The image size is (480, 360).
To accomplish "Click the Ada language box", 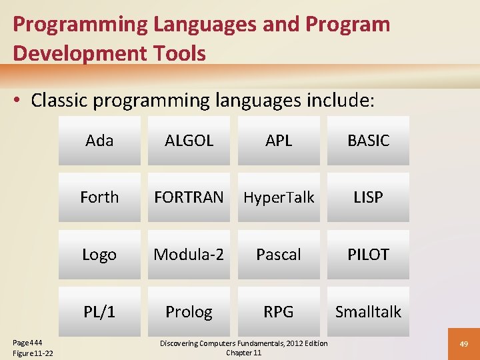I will coord(99,141).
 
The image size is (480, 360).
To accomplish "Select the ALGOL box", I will coord(189,141).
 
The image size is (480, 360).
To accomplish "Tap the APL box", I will coord(279,141).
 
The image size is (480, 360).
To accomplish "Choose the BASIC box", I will coord(368,141).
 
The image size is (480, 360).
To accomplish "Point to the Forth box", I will coord(99,197).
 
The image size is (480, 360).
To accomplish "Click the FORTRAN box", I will coord(189,197).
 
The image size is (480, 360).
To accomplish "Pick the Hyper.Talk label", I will coord(279,197).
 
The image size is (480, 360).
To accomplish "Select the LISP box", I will coord(368,197).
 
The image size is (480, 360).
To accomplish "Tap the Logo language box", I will coord(99,255).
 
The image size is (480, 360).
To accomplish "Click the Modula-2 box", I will coord(189,255).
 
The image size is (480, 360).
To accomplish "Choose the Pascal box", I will coord(279,255).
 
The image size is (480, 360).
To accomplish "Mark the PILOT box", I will coord(368,255).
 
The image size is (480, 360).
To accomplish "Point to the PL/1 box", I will coord(99,311).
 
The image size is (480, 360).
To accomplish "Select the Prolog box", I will coord(189,311).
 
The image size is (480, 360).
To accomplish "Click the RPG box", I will coord(279,311).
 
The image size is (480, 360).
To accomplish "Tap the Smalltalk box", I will coord(368,311).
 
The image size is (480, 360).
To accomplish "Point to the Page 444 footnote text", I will coord(27,343).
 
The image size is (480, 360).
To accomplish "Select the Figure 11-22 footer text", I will coord(33,353).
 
